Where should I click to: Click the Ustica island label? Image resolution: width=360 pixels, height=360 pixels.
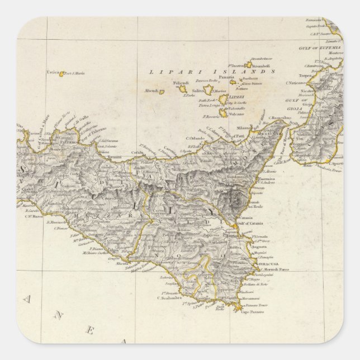[x=53, y=73]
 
